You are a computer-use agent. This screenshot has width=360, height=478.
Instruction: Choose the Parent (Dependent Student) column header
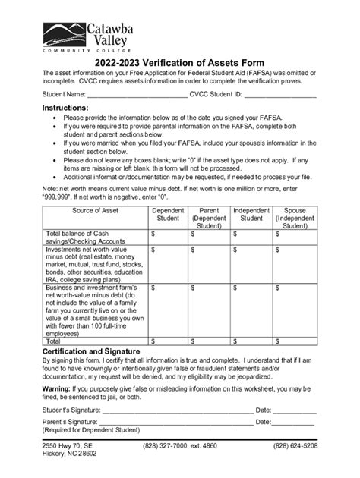click(209, 218)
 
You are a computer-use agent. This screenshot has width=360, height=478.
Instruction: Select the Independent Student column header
click(251, 214)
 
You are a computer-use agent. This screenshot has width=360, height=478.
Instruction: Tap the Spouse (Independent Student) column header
click(294, 218)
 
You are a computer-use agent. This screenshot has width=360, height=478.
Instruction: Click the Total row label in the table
click(56, 342)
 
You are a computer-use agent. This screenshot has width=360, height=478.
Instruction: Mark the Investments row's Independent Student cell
click(251, 265)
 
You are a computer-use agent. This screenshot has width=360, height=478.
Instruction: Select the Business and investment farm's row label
click(95, 310)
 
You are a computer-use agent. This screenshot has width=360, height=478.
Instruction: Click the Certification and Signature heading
click(91, 352)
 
